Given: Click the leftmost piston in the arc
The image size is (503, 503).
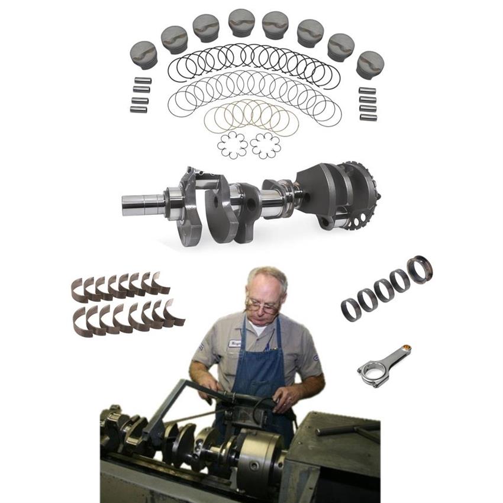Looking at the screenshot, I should [144, 54].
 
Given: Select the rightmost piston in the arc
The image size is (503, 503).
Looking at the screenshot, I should [370, 64].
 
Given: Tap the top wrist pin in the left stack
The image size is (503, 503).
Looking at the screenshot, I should [142, 80].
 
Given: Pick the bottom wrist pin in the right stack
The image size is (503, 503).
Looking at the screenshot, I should [367, 117].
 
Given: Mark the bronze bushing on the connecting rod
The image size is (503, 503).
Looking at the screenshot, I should [407, 349].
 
